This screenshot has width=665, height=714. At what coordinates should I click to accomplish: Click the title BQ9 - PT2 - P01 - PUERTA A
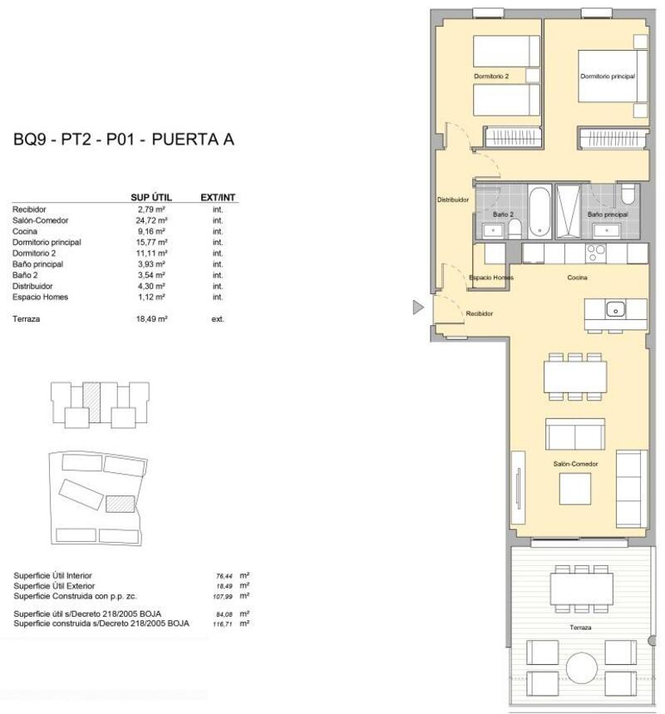point(124,140)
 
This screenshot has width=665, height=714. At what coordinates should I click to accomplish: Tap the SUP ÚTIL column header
point(151,197)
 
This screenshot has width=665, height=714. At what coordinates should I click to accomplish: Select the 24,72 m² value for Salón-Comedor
point(152,220)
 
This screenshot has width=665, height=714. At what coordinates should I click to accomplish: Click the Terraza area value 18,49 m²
point(152,318)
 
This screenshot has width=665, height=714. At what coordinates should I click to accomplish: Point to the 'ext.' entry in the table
point(218,318)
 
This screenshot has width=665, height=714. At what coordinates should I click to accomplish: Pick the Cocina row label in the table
point(24,231)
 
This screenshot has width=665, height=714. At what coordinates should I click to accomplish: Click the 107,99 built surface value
point(226,596)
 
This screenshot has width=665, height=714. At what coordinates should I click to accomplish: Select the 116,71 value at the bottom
point(226,623)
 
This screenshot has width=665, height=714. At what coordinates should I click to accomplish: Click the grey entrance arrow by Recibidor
point(418,308)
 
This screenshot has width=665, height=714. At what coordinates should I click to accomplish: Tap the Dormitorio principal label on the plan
point(607,76)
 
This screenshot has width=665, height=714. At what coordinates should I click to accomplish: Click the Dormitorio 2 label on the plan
point(490,76)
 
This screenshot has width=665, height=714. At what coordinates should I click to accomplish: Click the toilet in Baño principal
point(628,196)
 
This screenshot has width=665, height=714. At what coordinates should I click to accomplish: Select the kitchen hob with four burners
point(596,252)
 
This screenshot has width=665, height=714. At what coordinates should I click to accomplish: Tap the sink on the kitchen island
point(615,309)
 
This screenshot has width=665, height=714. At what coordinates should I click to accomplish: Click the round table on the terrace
point(582,667)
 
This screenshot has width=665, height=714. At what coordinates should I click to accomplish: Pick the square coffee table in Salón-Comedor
point(575,486)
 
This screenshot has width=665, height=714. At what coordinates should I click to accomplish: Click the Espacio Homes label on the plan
point(490,278)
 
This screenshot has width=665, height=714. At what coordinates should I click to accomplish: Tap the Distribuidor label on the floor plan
point(453,200)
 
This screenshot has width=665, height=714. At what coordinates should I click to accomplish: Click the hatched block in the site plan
point(121,504)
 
